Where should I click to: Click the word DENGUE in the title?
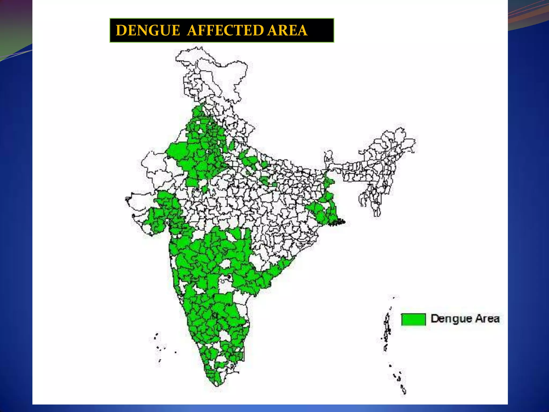(148, 30)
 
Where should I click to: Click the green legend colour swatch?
(413, 319)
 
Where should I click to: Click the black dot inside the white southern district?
(229, 276)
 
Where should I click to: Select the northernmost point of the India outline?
(200, 48)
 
